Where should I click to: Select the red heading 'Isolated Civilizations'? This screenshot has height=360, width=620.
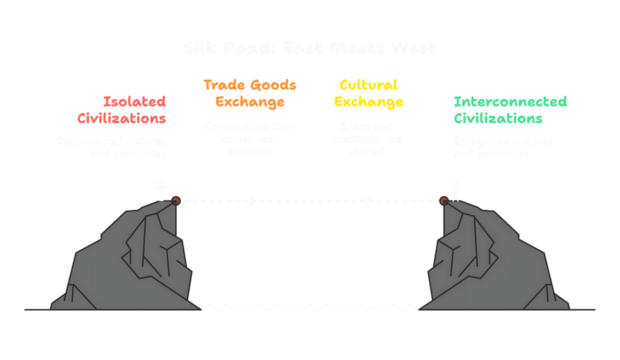tap(134, 110)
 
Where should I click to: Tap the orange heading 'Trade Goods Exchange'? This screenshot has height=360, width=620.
tap(250, 93)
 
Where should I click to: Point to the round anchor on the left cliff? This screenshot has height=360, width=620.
tap(177, 200)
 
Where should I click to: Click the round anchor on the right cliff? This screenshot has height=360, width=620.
tap(444, 200)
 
